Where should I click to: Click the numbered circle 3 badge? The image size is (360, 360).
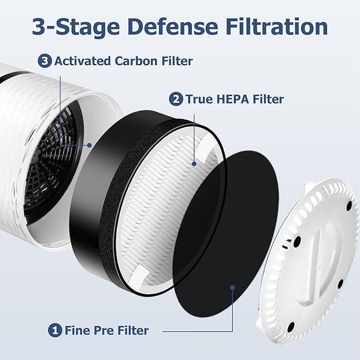pyautogui.click(x=46, y=61)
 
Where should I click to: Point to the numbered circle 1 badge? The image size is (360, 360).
pyautogui.click(x=55, y=330)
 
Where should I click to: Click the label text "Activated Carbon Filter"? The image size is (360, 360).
pyautogui.click(x=124, y=61)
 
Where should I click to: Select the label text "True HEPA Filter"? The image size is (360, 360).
pyautogui.click(x=234, y=99)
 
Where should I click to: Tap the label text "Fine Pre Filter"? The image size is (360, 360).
pyautogui.click(x=107, y=330)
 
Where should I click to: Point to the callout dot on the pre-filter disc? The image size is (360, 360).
pyautogui.click(x=232, y=287)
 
